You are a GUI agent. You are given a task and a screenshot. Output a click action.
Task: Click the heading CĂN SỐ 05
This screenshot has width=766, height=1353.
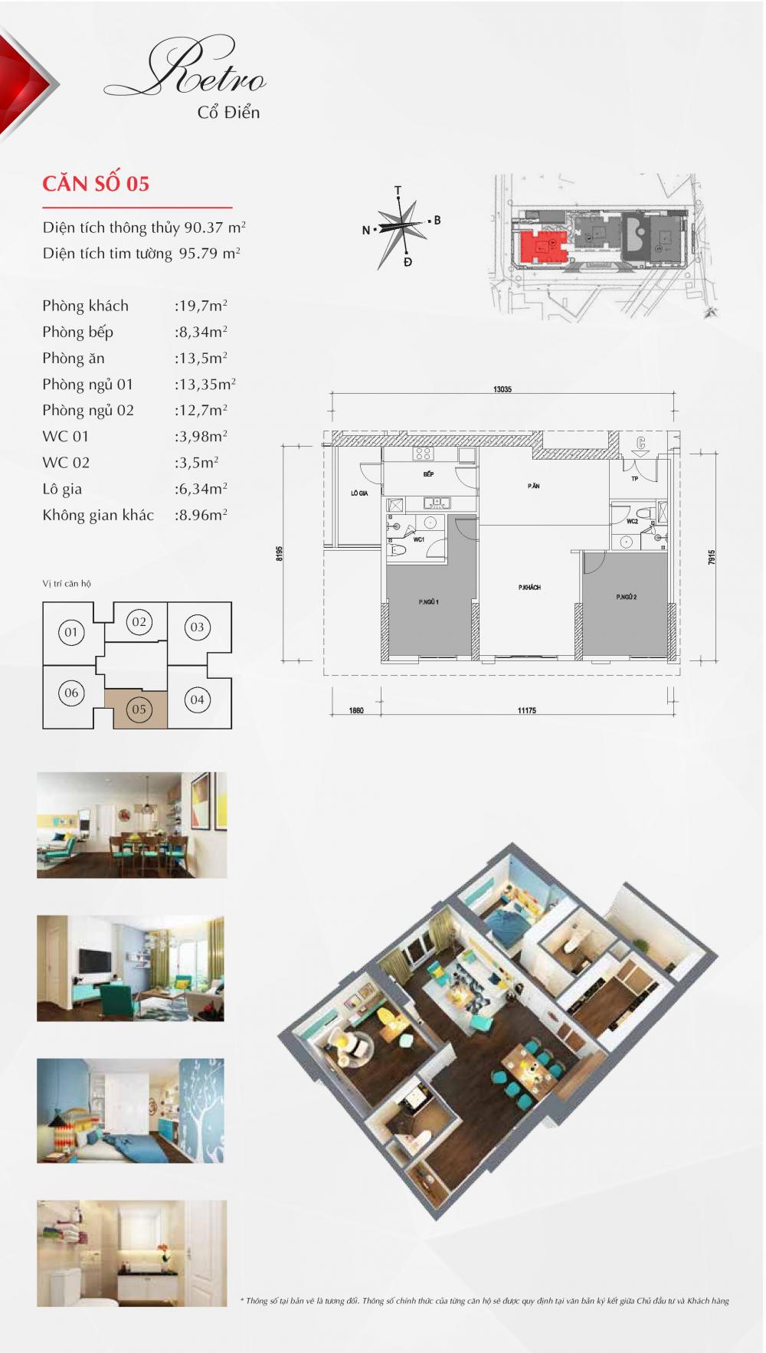click(x=96, y=184)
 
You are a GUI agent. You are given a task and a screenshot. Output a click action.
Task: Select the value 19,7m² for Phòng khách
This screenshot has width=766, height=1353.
click(x=201, y=306)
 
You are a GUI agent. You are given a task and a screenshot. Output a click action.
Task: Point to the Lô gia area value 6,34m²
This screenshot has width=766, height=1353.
click(x=201, y=489)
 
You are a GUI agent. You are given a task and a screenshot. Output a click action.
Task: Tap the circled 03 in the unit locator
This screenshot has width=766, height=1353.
click(x=197, y=627)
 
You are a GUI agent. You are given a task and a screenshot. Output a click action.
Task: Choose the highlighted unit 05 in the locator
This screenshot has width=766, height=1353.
click(x=139, y=709)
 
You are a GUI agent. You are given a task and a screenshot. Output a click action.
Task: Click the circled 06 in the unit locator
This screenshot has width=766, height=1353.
click(x=71, y=693)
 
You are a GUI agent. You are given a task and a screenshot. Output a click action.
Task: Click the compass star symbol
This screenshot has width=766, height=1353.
click(x=401, y=228)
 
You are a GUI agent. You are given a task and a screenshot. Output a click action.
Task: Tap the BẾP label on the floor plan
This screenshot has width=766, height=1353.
click(x=428, y=474)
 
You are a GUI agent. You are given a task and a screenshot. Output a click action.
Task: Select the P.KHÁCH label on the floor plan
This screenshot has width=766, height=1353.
click(x=529, y=587)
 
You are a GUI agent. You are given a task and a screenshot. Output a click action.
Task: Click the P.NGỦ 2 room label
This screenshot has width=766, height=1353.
click(x=626, y=597)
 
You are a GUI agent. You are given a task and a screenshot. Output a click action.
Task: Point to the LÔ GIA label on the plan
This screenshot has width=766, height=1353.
click(x=358, y=493)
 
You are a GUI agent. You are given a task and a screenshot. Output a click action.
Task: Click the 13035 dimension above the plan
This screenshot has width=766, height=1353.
click(x=502, y=389)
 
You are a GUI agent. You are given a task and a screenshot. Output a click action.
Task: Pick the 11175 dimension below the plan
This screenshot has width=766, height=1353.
click(x=526, y=710)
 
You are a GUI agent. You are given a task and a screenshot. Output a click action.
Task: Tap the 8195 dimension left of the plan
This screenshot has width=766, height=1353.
click(x=280, y=554)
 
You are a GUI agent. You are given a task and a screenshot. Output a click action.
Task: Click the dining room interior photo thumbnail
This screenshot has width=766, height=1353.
click(x=132, y=825)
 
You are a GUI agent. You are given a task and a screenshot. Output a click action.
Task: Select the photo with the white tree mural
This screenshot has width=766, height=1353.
click(x=130, y=1111)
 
